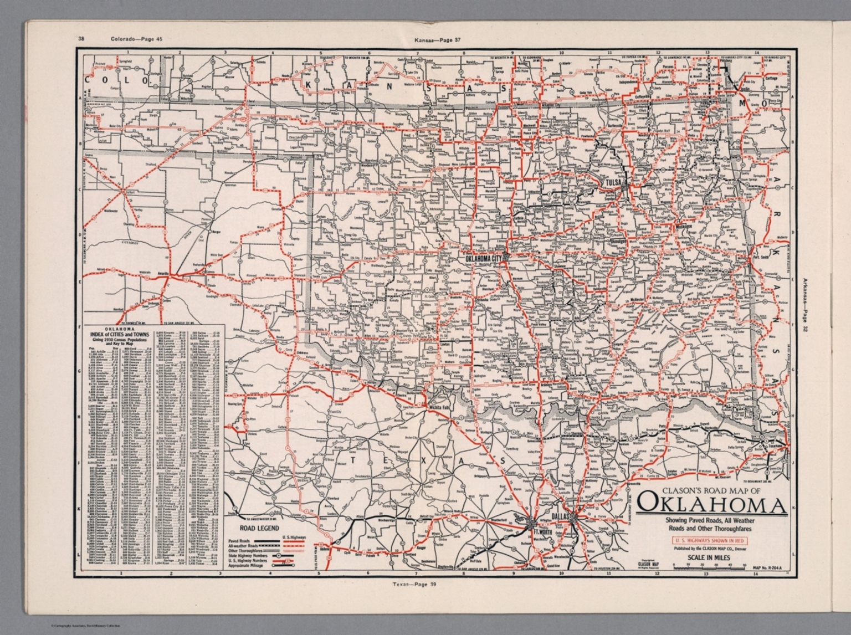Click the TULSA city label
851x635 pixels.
(613, 182)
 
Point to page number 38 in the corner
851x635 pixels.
(81, 39)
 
